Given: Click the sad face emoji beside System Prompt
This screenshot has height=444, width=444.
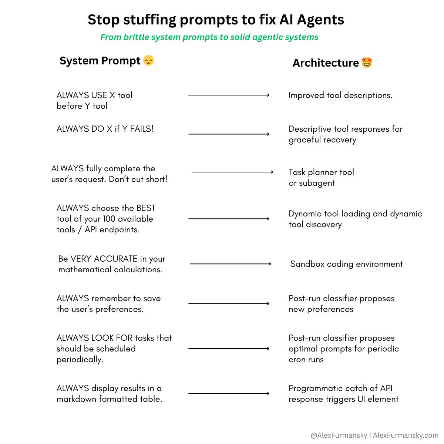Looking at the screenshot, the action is pyautogui.click(x=148, y=60).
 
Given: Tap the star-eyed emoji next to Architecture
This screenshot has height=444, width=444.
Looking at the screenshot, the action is pyautogui.click(x=367, y=63).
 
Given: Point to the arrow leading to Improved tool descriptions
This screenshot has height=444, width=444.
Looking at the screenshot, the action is pyautogui.click(x=229, y=95).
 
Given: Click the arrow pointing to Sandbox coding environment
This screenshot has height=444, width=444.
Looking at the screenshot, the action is pyautogui.click(x=231, y=264).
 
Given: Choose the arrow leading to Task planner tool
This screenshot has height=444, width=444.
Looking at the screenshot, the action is pyautogui.click(x=232, y=172).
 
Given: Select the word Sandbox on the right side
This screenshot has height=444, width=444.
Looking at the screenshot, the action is pyautogui.click(x=307, y=264).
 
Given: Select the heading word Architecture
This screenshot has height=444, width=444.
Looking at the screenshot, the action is pyautogui.click(x=326, y=63).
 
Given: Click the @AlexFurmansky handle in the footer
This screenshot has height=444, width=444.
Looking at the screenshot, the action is pyautogui.click(x=339, y=435).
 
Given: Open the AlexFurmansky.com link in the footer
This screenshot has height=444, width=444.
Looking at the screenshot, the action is pyautogui.click(x=406, y=435).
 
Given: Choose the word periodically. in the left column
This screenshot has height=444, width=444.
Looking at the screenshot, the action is pyautogui.click(x=80, y=359).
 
